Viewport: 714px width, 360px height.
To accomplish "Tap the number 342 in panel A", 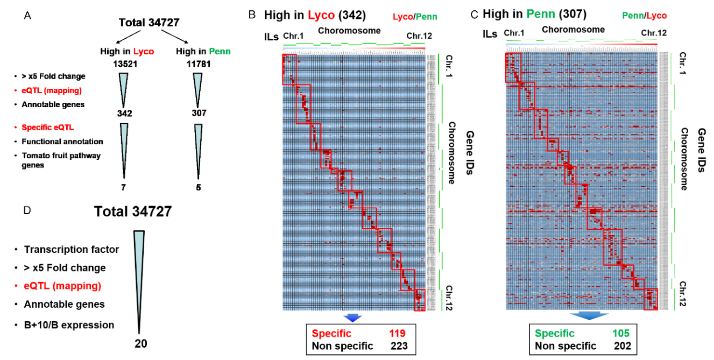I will [x=124, y=114].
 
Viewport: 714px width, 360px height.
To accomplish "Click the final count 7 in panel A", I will [x=124, y=187].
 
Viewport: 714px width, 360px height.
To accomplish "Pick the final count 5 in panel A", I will [x=199, y=187].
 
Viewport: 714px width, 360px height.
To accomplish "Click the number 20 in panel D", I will [x=139, y=343].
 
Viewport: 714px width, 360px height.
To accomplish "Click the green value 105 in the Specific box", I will [x=619, y=334].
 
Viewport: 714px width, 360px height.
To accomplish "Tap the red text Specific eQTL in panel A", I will [x=47, y=128].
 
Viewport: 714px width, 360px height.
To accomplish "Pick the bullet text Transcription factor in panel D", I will [x=71, y=250].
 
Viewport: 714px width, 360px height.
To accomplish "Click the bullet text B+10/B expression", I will [x=69, y=325].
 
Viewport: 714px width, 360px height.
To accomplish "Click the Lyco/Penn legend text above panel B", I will [x=415, y=17].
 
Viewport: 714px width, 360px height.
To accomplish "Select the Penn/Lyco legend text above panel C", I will [x=644, y=16].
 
